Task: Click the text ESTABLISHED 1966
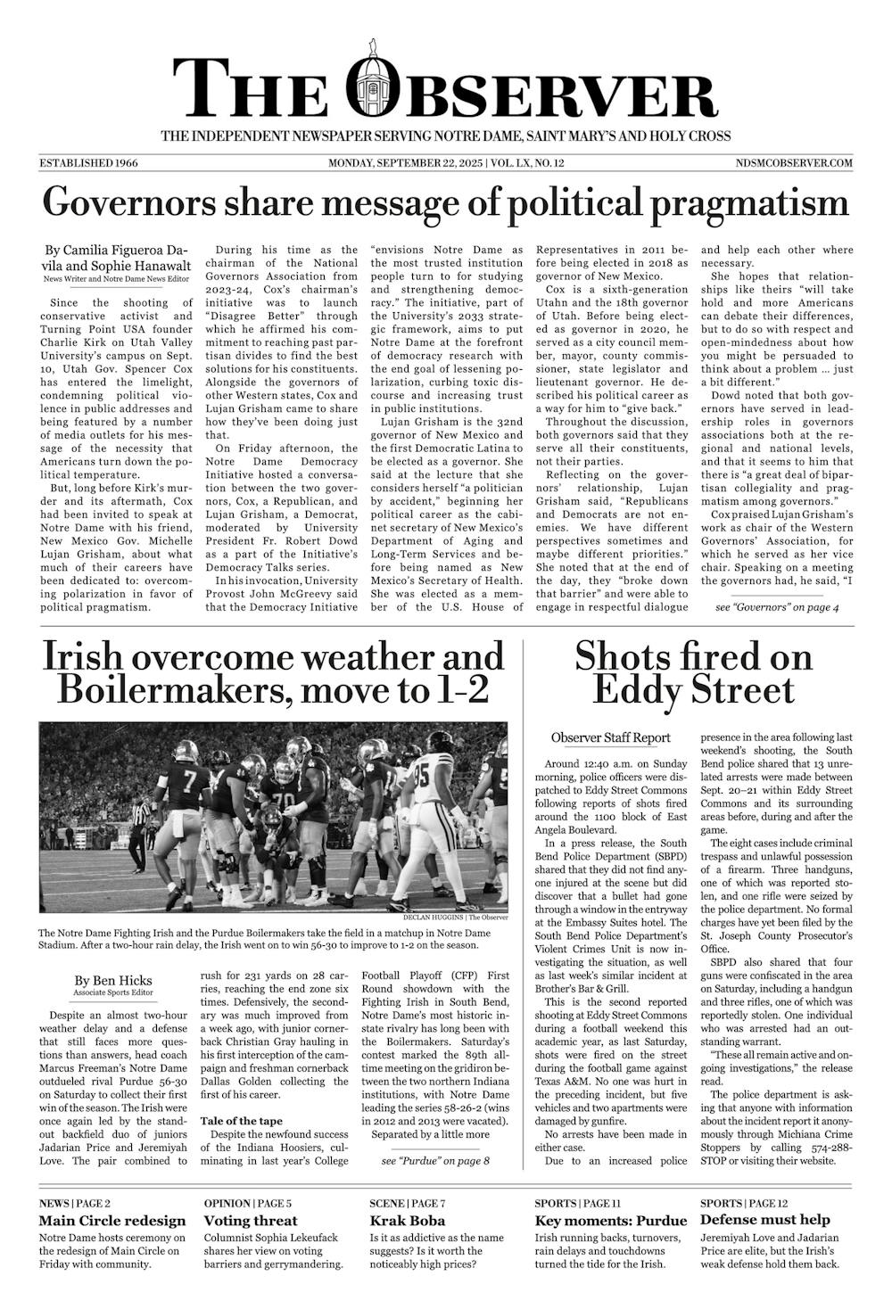88,163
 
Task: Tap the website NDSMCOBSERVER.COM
795,163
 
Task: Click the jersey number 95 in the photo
420,768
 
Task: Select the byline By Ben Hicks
113,979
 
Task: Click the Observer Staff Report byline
611,737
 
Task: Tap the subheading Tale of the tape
241,1120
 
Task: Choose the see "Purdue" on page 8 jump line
435,1161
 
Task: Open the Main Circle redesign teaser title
112,1221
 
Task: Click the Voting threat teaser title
251,1221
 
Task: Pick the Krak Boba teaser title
408,1221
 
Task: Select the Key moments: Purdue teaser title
611,1221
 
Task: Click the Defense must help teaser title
765,1220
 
